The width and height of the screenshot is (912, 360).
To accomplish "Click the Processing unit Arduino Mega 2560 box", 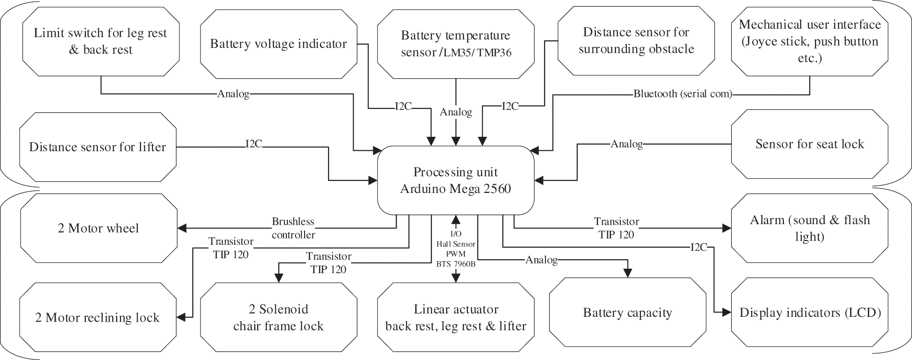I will [x=456, y=180].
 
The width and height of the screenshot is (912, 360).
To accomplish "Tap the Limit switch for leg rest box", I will [x=100, y=41].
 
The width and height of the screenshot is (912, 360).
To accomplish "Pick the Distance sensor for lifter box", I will [x=98, y=147].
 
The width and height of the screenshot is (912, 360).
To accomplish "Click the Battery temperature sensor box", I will [x=456, y=44].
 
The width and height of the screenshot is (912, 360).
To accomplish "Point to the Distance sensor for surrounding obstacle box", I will [x=636, y=41].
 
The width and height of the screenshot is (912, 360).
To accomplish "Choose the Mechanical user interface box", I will [x=810, y=41].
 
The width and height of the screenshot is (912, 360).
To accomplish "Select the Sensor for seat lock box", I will [x=809, y=144].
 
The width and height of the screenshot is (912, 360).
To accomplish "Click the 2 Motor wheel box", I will [x=98, y=228].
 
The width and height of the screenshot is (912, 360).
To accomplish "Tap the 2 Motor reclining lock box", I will [x=97, y=317].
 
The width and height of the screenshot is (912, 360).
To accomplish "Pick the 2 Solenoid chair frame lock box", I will [x=278, y=317].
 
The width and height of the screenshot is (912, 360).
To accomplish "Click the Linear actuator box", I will [x=456, y=317].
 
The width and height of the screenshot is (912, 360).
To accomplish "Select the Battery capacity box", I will [x=628, y=312].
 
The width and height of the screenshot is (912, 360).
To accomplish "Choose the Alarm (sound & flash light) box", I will [x=809, y=228].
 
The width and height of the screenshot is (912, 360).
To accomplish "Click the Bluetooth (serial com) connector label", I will [x=683, y=94].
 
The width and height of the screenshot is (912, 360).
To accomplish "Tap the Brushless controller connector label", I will [x=293, y=228].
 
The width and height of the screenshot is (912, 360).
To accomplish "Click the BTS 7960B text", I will [x=456, y=264].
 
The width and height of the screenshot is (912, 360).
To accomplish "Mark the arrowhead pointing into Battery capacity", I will [x=628, y=273].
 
